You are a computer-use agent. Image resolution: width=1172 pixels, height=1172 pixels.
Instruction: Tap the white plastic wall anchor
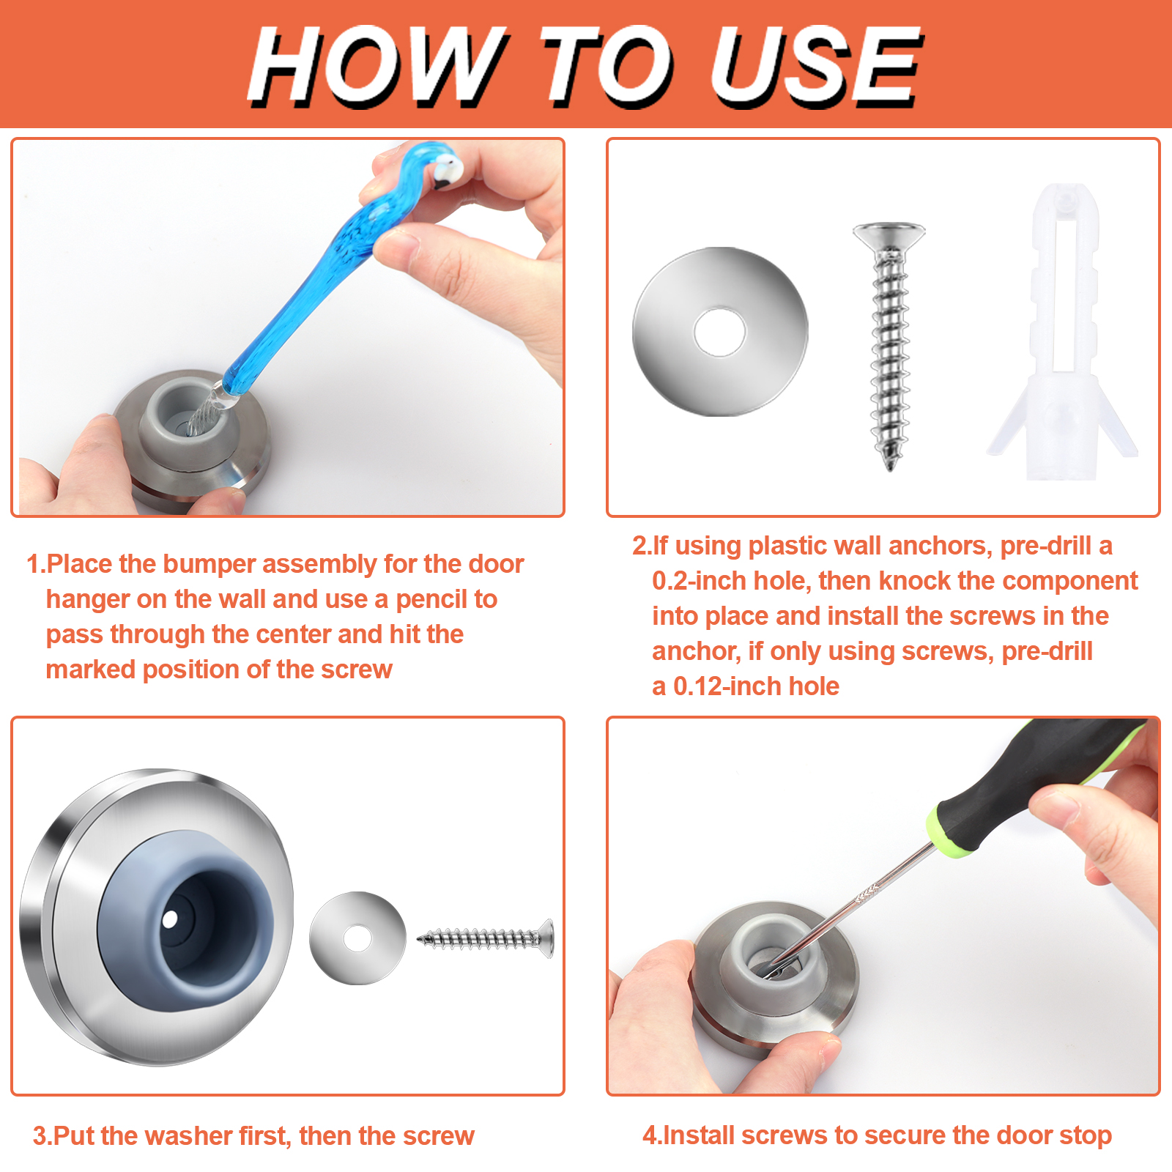point(1062,333)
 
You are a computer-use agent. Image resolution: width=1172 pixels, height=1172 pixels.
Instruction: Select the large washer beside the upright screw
point(720,332)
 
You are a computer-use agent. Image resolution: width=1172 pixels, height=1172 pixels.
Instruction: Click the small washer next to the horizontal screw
point(357,938)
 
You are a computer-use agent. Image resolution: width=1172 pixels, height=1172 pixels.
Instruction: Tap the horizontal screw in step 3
point(486,938)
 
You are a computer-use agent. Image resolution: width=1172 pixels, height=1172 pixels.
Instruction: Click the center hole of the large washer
point(720,333)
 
